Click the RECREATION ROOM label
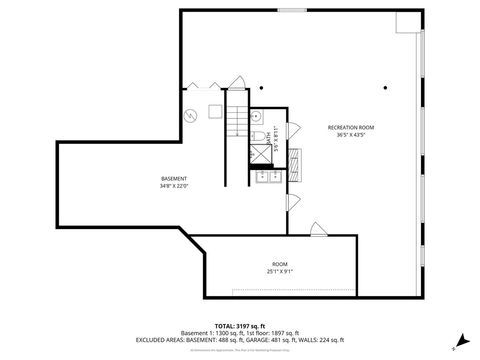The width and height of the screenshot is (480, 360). pyautogui.click(x=351, y=128)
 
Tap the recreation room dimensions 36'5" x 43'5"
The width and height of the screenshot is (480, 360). pyautogui.click(x=351, y=136)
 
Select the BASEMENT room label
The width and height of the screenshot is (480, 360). pyautogui.click(x=173, y=178)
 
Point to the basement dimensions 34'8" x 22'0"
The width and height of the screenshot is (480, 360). pyautogui.click(x=173, y=186)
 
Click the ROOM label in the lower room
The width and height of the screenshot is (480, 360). pyautogui.click(x=279, y=264)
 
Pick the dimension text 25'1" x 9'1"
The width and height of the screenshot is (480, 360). pyautogui.click(x=279, y=272)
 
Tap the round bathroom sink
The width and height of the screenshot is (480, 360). pyautogui.click(x=256, y=115)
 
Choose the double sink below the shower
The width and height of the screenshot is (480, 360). pyautogui.click(x=267, y=178)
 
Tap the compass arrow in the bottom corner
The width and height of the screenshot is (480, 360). pyautogui.click(x=461, y=338)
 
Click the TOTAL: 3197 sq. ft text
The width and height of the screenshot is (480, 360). pyautogui.click(x=239, y=326)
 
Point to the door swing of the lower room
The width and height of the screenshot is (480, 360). pyautogui.click(x=317, y=229)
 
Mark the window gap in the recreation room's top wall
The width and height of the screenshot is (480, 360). pyautogui.click(x=292, y=11)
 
